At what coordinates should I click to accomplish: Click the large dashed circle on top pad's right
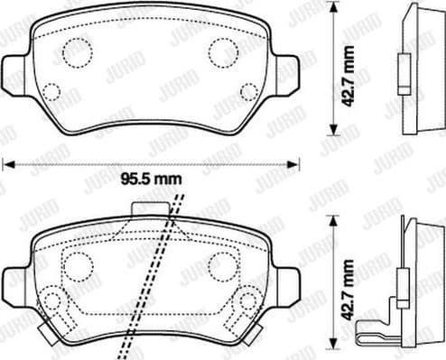click(x=223, y=52)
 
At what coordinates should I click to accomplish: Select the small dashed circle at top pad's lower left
click(x=51, y=91)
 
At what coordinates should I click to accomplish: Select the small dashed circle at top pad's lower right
click(x=248, y=91)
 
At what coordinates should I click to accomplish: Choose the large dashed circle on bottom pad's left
click(x=77, y=266)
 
